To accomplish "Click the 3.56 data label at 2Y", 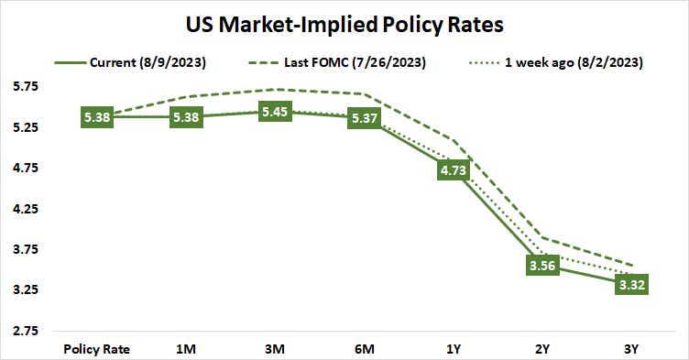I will tap(541, 265).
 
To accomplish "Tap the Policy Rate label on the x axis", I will tap(96, 348).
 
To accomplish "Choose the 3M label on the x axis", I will tap(274, 348).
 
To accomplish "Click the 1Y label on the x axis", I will tap(453, 348).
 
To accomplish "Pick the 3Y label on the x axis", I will tap(630, 348).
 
